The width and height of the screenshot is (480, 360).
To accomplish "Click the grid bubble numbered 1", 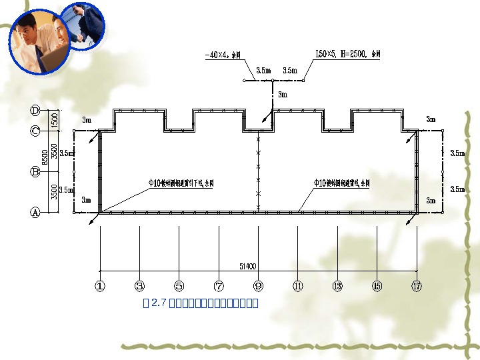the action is coord(100,286).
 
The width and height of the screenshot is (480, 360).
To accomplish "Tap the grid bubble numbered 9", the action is coord(258,286).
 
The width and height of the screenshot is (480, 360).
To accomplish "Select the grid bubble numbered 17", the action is coord(417,286).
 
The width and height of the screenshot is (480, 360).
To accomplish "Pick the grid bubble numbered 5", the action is coord(179,286).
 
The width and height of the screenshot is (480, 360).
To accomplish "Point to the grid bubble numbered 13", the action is coord(337,286).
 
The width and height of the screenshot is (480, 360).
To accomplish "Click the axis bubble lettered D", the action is coord(35,110).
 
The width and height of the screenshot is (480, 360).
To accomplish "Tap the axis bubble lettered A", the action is coord(35,213).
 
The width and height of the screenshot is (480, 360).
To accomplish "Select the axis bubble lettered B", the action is coord(35,171).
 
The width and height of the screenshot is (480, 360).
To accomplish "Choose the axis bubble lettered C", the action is coord(35,131).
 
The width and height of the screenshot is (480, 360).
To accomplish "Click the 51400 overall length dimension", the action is coord(247,267).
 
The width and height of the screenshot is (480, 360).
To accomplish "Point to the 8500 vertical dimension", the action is coord(45,159).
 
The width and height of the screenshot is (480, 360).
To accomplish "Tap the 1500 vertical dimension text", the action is coord(55,121).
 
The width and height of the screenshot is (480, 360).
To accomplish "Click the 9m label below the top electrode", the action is coord(283,95).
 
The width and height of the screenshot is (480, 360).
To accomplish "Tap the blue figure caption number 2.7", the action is coord(158,303).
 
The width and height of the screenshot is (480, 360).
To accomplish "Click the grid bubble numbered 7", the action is coord(219,286).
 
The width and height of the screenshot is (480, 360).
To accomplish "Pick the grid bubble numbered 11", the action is coord(298,286).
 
